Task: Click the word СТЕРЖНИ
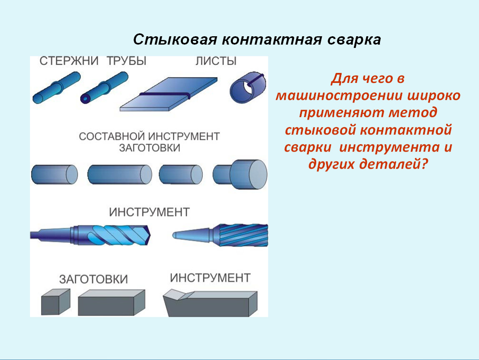point(69,61)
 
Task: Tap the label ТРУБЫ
point(127,61)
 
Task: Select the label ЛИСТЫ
point(216,61)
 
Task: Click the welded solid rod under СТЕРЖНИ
point(57,87)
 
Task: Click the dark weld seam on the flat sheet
point(165,95)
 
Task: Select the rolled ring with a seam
point(248,87)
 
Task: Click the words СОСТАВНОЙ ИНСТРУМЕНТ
point(150,136)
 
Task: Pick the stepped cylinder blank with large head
point(240,174)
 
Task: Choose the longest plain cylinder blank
point(120,174)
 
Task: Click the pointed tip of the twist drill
point(150,235)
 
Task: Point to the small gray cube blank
point(55,302)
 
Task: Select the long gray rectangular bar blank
point(112,302)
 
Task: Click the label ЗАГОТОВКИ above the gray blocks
point(93,279)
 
